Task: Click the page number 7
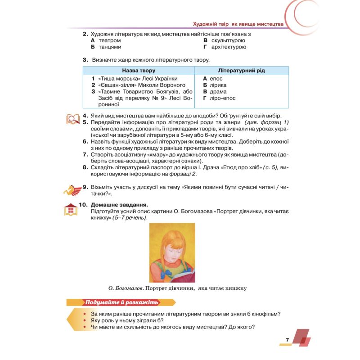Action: tap(287, 339)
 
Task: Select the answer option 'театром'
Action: tap(109, 40)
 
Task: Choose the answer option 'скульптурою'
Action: tap(227, 40)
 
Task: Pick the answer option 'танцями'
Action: tap(109, 46)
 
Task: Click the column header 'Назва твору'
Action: tap(139, 71)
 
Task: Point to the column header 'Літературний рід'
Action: tap(241, 71)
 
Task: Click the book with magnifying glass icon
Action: tap(73, 119)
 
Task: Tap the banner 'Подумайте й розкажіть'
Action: tap(119, 302)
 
